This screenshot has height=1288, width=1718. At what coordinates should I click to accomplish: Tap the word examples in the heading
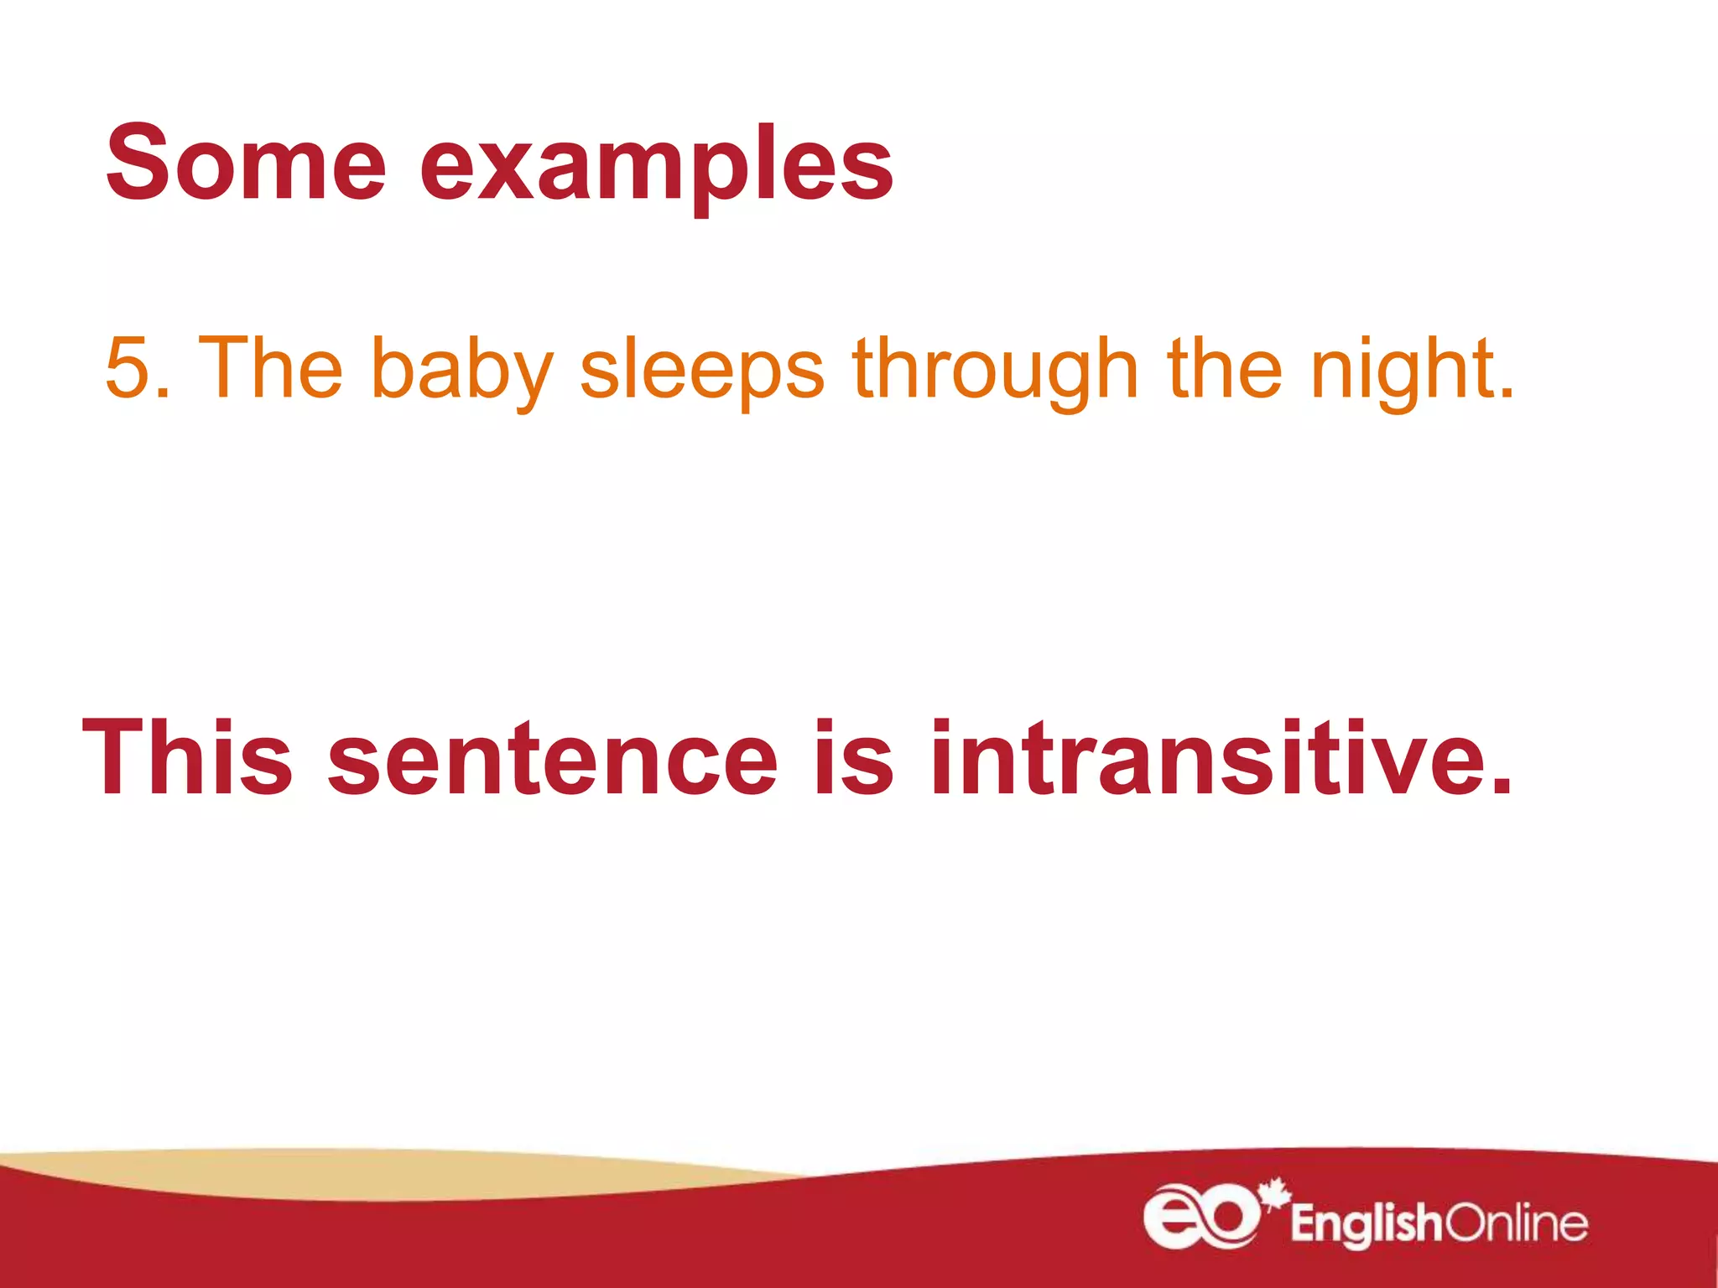click(656, 168)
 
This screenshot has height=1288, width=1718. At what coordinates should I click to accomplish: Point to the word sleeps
click(702, 371)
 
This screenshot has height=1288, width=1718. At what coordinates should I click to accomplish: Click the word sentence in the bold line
click(553, 759)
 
